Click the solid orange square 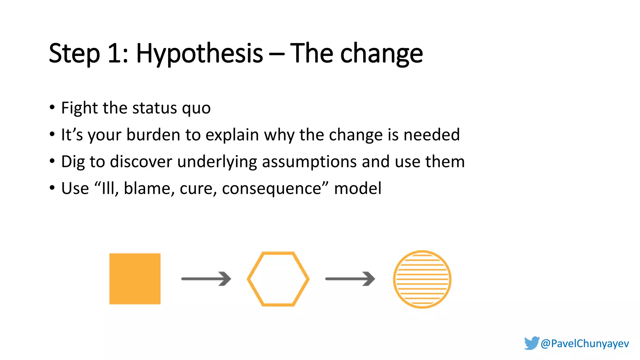[135, 278]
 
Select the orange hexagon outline [278, 279]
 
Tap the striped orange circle [422, 279]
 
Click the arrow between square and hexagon [206, 279]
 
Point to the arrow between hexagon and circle [350, 279]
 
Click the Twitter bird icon [532, 343]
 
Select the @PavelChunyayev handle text [585, 343]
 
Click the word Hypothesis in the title [199, 54]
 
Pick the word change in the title [381, 54]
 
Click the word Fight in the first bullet [80, 108]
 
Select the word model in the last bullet [358, 188]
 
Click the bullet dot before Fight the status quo [52, 107]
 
